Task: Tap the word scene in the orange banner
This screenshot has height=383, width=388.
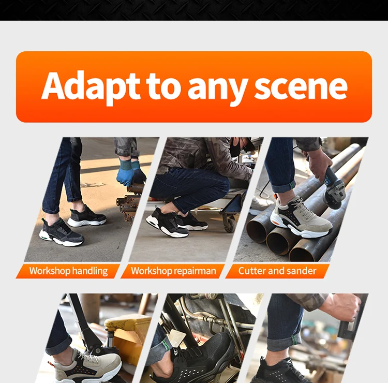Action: (x=301, y=87)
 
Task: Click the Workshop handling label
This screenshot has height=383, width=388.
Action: (x=68, y=271)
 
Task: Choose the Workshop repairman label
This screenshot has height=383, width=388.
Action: (x=173, y=271)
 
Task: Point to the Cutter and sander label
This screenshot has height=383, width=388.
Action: (x=277, y=271)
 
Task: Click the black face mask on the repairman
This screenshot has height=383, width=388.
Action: (x=236, y=148)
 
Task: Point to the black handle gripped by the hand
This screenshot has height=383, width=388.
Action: (x=351, y=319)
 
